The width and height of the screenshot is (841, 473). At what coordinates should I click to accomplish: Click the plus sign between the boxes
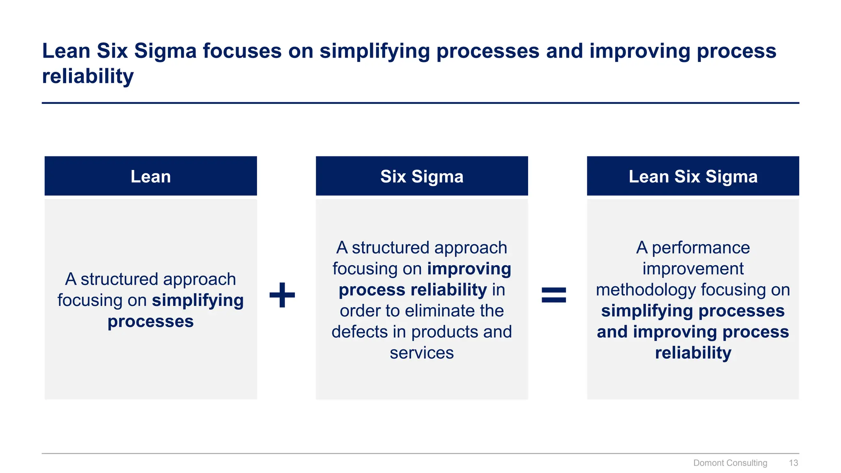point(282,295)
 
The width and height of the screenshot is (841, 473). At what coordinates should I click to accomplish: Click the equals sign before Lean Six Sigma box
point(554,295)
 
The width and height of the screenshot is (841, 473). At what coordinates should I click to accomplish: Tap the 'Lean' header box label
point(151,177)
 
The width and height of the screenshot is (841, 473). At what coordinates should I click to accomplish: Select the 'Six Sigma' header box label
point(422,177)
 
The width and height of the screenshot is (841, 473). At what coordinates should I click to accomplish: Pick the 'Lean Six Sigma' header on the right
point(693,177)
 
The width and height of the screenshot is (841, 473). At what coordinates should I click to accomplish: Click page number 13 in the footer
point(793,463)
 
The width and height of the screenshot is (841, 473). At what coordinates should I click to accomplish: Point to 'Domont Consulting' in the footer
point(730,463)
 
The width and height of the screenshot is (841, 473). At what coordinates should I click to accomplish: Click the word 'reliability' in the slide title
point(88,76)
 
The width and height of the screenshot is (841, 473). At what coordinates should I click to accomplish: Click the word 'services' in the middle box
point(422,353)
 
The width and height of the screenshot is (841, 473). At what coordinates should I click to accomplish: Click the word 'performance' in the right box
point(701,248)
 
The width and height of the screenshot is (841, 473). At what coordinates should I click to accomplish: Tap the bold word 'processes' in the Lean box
point(151,321)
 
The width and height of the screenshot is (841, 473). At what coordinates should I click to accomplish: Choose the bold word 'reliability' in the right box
point(693,353)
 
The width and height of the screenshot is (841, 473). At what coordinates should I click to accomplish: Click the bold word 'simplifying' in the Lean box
point(198,301)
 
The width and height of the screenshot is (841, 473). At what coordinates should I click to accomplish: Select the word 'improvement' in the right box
point(693,269)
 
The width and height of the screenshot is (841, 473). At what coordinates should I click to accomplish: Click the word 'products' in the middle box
point(445,332)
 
